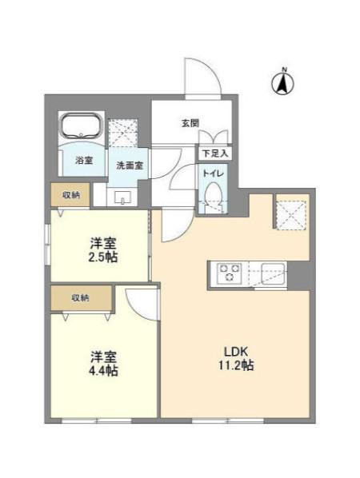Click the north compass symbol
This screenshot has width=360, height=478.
[282, 82]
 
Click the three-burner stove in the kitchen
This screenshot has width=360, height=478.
[229, 273]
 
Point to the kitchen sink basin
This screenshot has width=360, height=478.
[274, 273]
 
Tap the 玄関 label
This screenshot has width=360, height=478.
[190, 123]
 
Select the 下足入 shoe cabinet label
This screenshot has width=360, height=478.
[215, 153]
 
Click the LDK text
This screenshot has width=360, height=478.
[236, 352]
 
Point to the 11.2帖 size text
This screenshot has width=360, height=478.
[236, 365]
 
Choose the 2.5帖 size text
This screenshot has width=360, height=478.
[103, 257]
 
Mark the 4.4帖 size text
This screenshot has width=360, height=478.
[103, 371]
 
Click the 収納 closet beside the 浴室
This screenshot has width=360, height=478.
[70, 195]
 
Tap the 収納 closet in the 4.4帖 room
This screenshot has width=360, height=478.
[81, 298]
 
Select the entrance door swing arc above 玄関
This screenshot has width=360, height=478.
[214, 70]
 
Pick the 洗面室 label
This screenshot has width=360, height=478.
[130, 165]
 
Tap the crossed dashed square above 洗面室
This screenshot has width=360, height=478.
[123, 133]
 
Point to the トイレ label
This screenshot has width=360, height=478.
[214, 173]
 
